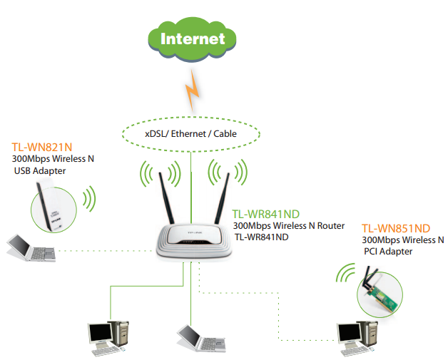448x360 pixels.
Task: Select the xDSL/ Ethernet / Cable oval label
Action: [190, 133]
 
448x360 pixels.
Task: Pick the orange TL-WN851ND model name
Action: [396, 228]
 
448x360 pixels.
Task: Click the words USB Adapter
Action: [39, 171]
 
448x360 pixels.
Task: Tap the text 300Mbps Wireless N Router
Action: [288, 225]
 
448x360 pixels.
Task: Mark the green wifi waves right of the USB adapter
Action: [88, 199]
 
